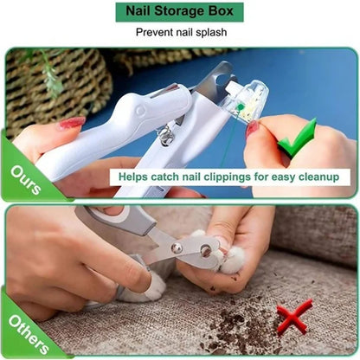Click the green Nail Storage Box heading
(179, 12)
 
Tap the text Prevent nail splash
(179, 33)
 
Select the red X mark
(294, 317)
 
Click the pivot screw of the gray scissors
(177, 248)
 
